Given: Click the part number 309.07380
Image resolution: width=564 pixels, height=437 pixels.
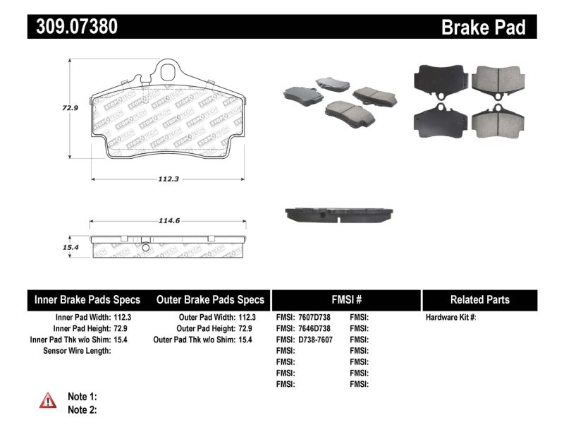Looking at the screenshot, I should [73, 27].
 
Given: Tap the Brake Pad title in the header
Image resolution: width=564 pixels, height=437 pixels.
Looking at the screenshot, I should [483, 28].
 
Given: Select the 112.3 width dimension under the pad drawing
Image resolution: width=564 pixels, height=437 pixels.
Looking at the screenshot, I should [166, 179].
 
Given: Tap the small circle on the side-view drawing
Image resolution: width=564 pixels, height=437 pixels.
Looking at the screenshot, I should [145, 248].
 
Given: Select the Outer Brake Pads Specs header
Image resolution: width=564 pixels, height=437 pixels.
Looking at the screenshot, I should [209, 299].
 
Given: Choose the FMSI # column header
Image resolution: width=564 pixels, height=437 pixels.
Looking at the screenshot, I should [345, 299].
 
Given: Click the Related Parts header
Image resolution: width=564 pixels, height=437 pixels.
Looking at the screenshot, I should [479, 299].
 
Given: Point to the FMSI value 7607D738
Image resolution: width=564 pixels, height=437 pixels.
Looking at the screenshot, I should [314, 318].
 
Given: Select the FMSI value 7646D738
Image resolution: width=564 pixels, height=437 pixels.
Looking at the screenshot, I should [314, 328].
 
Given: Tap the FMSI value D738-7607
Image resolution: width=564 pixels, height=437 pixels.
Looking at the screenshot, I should [314, 340].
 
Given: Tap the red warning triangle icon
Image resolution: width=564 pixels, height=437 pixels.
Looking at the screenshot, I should [47, 401].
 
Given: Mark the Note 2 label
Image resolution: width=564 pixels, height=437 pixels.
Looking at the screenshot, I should [82, 409].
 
